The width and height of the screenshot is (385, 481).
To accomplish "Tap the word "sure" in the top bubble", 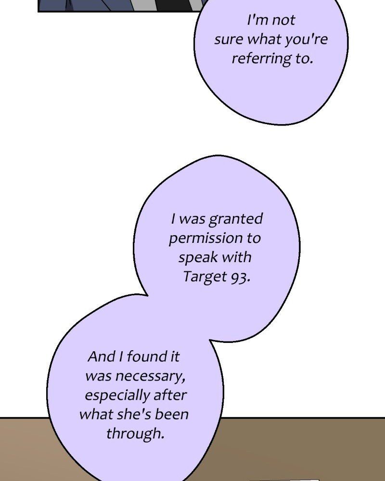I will [x=229, y=39].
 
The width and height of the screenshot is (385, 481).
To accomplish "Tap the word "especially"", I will [x=117, y=395].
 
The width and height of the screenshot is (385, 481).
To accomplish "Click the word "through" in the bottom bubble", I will [x=135, y=433].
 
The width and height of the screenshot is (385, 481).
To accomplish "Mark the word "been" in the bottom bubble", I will [x=174, y=414].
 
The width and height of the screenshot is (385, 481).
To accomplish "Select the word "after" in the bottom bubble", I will [x=170, y=395].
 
